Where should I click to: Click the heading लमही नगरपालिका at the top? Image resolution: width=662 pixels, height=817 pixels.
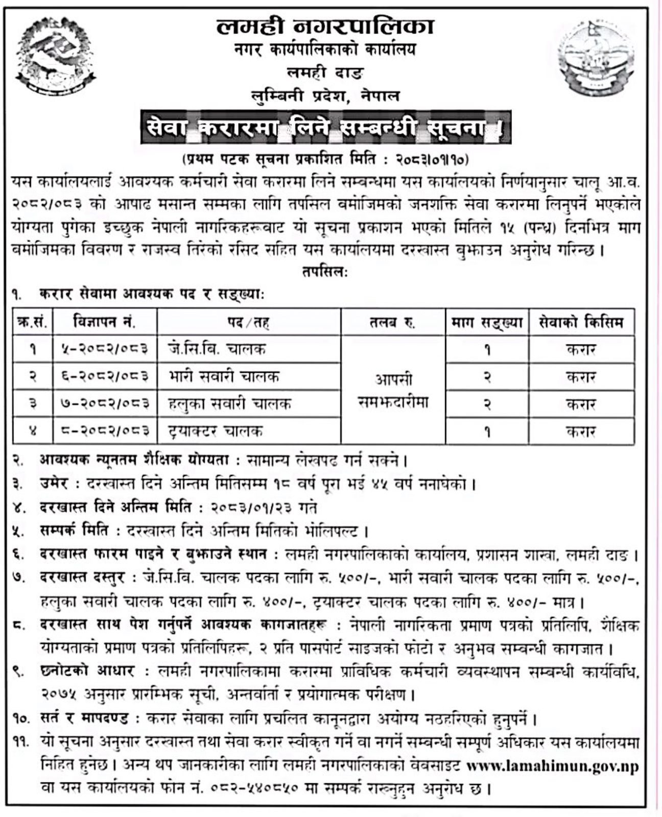325,27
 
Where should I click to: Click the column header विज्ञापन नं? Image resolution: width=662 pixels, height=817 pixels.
105,322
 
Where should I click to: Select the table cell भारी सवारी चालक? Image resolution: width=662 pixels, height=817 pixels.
224,377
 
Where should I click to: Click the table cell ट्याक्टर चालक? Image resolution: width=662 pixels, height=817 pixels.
216,431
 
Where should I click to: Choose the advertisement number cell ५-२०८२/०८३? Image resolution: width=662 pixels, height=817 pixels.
105,349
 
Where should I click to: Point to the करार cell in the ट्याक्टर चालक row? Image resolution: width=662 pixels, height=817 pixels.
581,431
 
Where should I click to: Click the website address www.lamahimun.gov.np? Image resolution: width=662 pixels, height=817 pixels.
553,767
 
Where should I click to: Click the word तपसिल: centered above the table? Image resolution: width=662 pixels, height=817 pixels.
325,272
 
